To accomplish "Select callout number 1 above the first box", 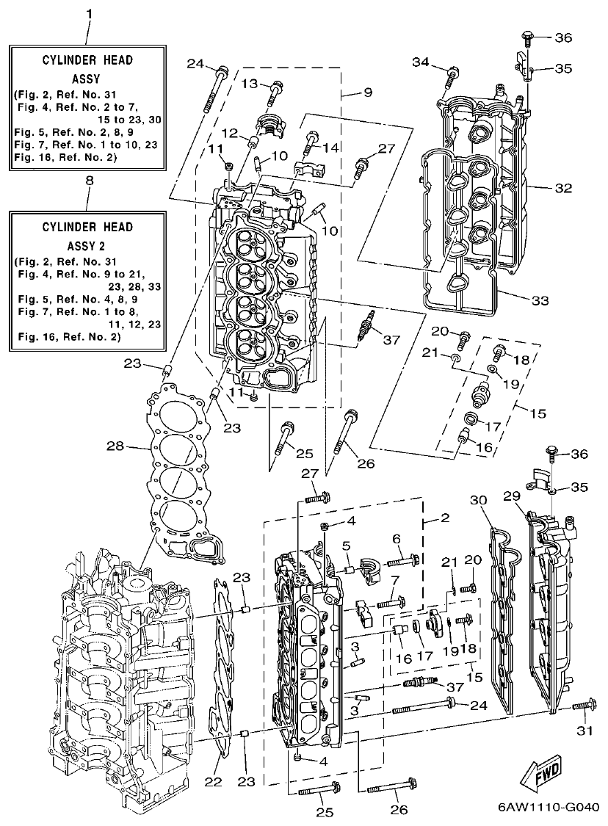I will click(89, 14).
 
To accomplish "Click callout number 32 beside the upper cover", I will click(562, 188).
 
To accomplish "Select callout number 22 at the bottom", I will click(213, 783).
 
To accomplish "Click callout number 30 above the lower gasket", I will click(478, 499).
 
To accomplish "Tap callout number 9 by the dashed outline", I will click(367, 93).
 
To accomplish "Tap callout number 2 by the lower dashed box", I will click(444, 518).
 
